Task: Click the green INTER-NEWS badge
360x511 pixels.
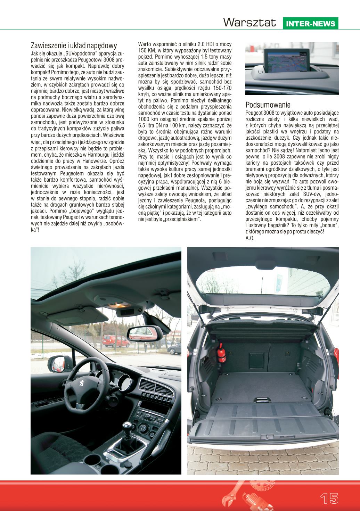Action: (x=311, y=24)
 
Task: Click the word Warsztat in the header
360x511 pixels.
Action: (x=250, y=23)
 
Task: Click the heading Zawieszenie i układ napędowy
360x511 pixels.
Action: (x=74, y=46)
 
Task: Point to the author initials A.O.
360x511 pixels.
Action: (x=250, y=238)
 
